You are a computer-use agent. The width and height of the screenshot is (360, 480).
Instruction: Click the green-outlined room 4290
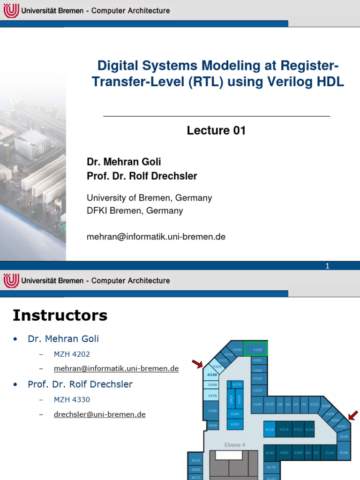257,350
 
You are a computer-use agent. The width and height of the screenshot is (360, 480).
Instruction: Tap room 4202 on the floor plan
343,426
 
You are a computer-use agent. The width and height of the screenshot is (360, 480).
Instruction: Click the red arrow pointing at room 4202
352,415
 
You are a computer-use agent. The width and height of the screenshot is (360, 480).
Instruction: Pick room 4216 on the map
270,429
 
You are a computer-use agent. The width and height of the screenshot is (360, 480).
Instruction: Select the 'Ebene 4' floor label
234,444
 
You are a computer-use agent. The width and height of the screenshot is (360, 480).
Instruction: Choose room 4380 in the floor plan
212,411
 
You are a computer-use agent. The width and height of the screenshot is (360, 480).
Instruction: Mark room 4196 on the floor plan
344,452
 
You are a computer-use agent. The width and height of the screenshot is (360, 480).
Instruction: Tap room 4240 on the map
257,404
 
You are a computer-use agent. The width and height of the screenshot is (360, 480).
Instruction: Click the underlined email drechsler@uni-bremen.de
100,414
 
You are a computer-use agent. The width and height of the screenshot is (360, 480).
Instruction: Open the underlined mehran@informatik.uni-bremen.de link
116,368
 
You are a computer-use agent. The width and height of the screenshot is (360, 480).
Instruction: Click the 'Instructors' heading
60,315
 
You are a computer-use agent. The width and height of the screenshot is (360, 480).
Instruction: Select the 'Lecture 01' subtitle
216,131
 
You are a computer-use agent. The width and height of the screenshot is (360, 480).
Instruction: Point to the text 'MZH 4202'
72,355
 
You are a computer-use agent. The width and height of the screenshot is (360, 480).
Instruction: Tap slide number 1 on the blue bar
328,266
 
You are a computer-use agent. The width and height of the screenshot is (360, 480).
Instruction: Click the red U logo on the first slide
11,10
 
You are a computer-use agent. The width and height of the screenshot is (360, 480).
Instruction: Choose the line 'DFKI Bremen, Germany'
135,211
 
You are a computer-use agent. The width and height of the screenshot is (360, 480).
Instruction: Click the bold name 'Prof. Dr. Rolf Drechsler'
142,176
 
